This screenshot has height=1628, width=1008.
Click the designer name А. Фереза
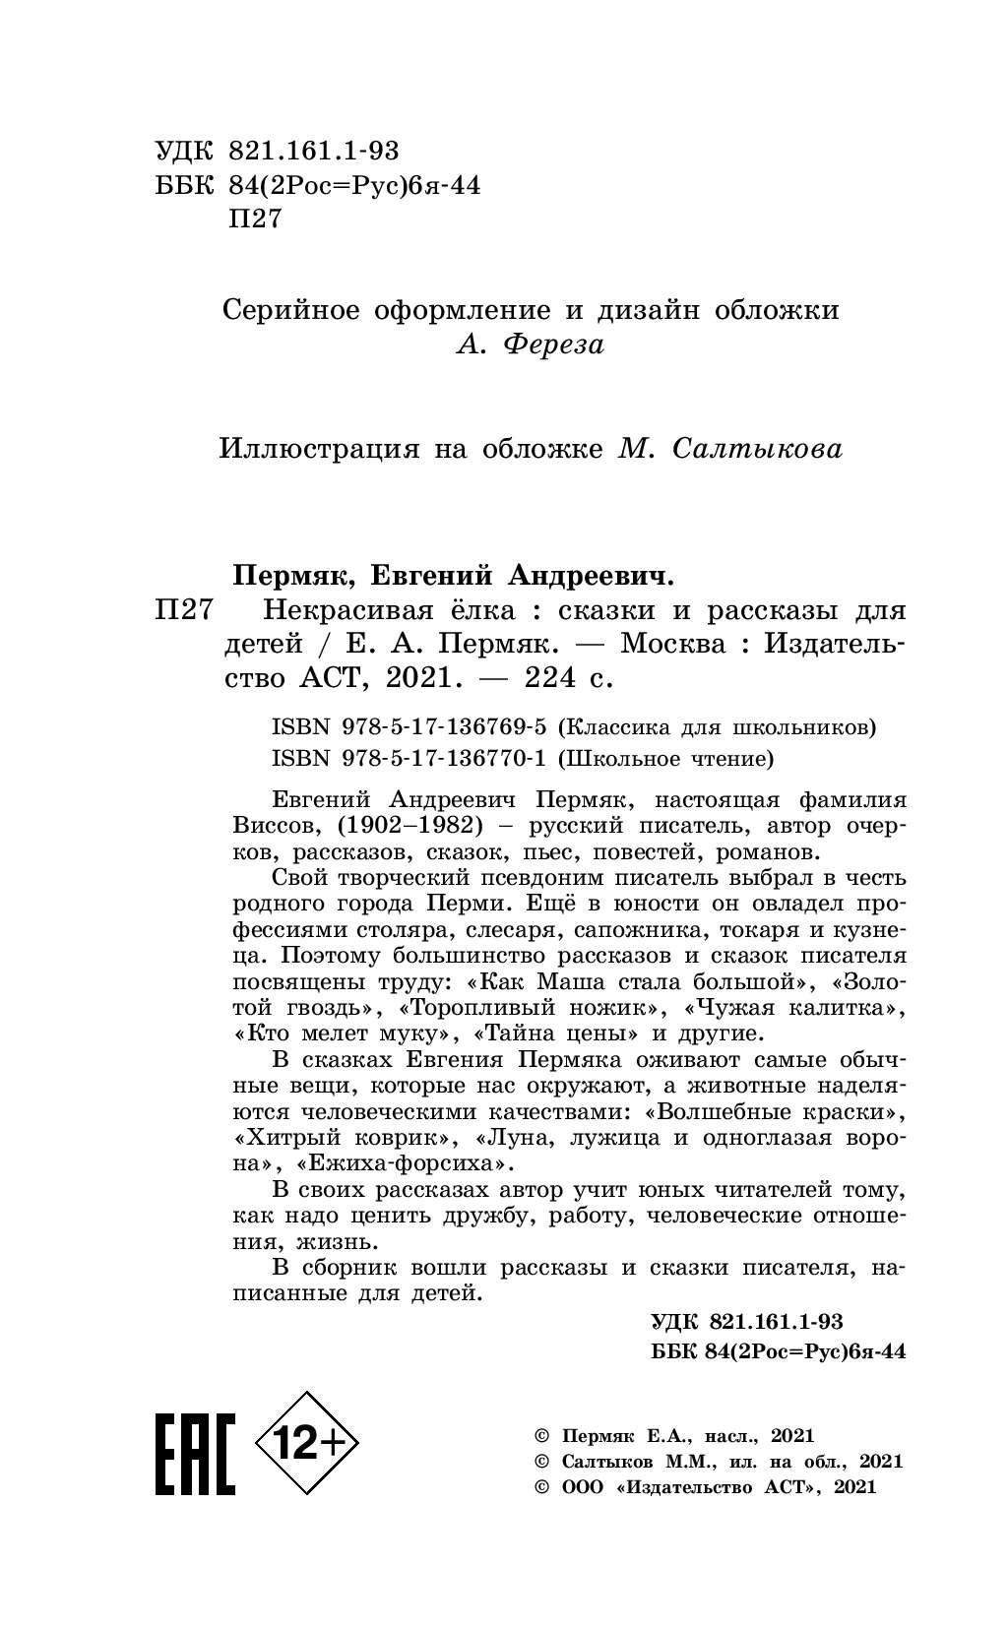(531, 345)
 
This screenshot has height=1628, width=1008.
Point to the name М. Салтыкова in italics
(730, 450)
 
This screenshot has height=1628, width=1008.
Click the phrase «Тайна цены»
(557, 1034)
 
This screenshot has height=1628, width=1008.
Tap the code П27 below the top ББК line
(254, 219)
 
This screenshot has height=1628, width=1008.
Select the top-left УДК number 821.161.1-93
(314, 151)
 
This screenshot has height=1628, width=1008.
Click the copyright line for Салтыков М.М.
(718, 1462)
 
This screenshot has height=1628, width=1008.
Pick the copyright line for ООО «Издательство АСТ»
(704, 1487)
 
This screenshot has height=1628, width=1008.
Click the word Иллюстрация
(317, 450)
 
